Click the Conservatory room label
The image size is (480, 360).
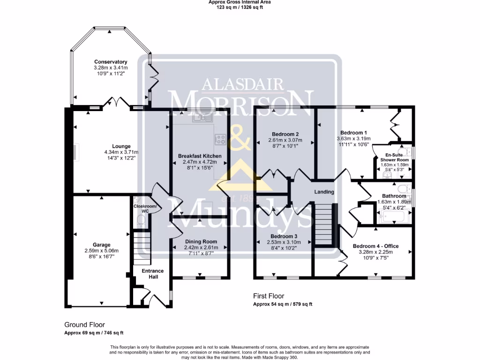click(111, 62)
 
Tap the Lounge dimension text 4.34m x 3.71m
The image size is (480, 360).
click(121, 152)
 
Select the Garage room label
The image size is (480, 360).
click(102, 245)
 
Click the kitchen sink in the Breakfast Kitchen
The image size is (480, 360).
click(202, 118)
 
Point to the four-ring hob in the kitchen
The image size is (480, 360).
click(220, 139)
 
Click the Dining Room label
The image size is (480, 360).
click(201, 242)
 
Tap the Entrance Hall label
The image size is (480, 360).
click(153, 274)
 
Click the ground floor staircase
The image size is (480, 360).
click(142, 248)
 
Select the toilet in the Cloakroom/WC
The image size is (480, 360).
click(141, 220)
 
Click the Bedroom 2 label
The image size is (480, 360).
click(285, 134)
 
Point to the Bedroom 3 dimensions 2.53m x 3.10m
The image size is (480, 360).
click(284, 242)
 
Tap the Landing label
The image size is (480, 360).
click(324, 192)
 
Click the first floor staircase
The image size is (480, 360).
click(323, 224)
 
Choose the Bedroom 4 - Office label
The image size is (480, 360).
click(375, 246)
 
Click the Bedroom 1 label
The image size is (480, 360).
click(353, 133)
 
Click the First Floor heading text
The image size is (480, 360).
click(269, 296)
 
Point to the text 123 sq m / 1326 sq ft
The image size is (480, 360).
click(240, 7)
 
